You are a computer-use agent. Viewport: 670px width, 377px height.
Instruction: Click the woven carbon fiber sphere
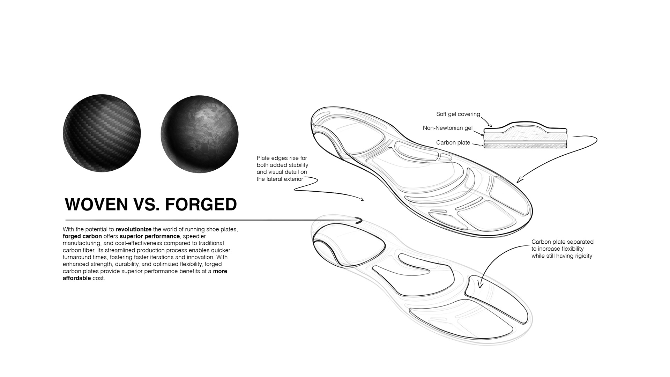(102, 133)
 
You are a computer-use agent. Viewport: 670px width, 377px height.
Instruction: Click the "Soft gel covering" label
(458, 114)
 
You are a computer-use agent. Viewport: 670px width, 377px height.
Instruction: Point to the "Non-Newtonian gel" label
(447, 128)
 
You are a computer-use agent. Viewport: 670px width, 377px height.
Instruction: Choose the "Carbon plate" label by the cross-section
(453, 142)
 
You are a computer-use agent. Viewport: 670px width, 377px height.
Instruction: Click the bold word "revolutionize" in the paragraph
(134, 229)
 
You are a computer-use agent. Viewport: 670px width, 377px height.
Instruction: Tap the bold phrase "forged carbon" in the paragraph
(82, 236)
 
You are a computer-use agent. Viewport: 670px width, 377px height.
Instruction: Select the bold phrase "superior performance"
(150, 236)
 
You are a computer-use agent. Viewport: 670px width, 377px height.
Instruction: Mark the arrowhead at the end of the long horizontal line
(359, 220)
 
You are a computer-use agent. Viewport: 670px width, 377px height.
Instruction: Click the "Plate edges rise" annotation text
(282, 169)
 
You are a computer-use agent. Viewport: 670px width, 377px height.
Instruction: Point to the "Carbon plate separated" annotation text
(562, 249)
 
